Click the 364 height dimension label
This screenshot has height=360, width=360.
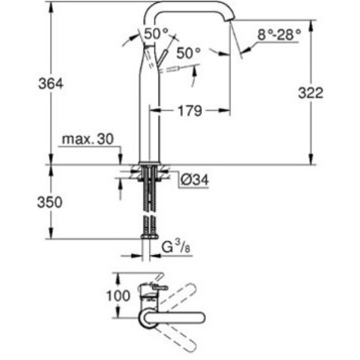coord(50,83)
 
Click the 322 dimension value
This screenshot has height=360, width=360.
coord(311,93)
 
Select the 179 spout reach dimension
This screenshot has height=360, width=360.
coord(190,111)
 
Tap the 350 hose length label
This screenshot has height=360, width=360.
coord(49,202)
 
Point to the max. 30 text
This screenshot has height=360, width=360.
coord(88,139)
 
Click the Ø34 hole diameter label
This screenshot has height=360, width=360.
coord(195,179)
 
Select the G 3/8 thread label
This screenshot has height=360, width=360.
coord(176,246)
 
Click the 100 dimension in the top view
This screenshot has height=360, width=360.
coord(118,296)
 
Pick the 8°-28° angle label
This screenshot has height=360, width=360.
coord(279,35)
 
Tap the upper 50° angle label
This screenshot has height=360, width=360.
coord(156,33)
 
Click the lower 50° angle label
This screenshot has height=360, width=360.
coord(188,53)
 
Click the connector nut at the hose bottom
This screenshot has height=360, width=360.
coord(150,237)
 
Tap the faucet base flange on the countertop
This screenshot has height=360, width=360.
coord(150,163)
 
